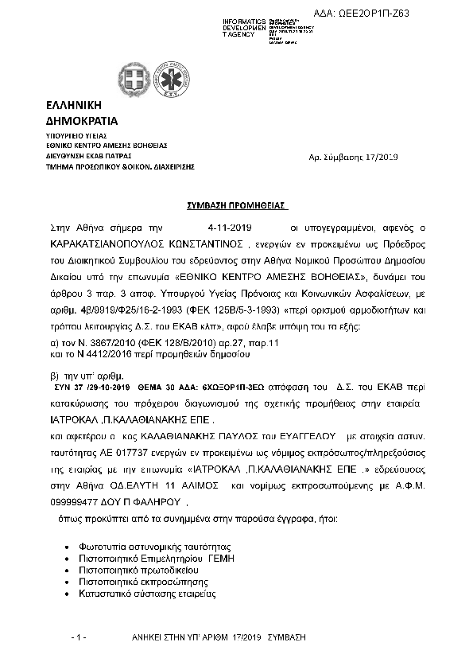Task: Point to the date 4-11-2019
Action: click(229, 227)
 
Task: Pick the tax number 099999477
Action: click(78, 503)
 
